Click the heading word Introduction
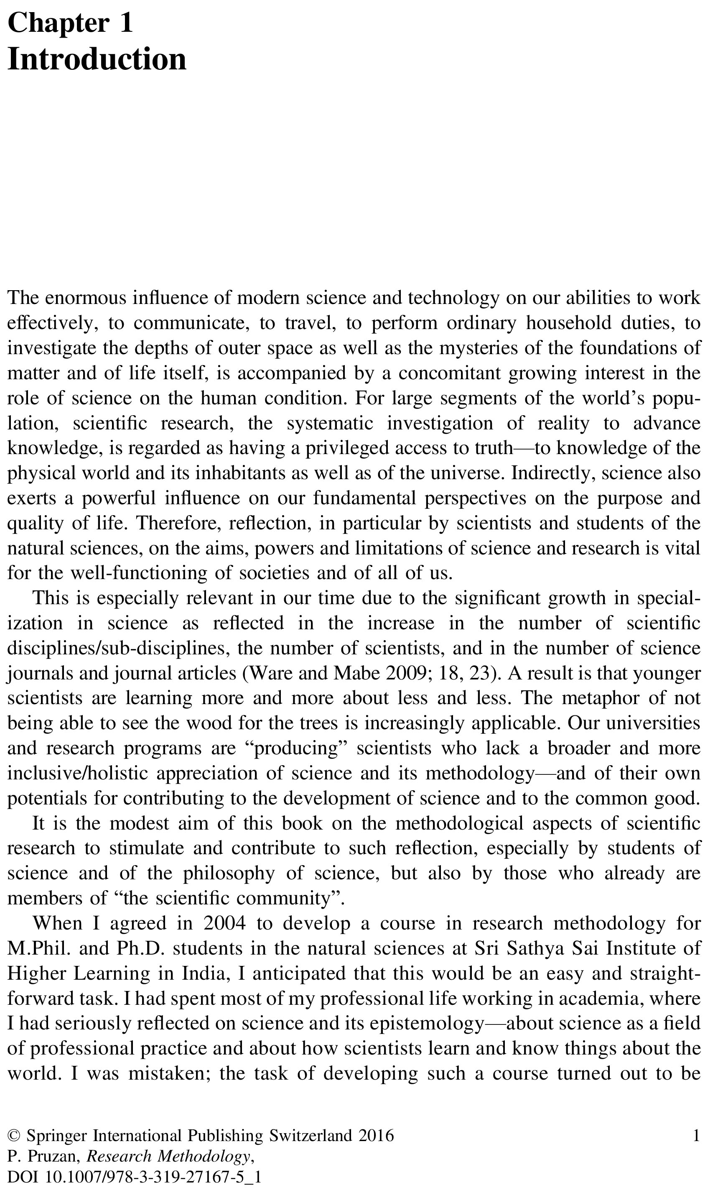point(97,59)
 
